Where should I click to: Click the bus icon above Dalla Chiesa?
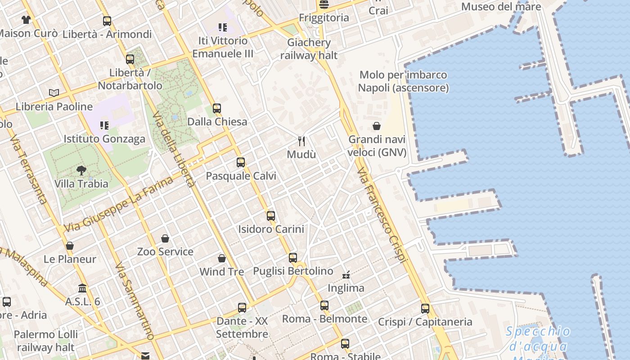pos(217,108)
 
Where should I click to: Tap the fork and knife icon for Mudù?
pos(301,141)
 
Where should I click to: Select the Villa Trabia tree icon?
pos(81,171)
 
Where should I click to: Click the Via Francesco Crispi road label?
pos(382,215)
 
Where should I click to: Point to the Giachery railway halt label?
pos(309,49)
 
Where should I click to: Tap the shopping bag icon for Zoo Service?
pos(165,238)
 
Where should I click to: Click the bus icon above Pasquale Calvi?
pos(241,162)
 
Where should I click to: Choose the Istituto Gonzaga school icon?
pos(104,125)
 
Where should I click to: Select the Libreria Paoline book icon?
pos(54,93)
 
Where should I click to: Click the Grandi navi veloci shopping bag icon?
pos(377,126)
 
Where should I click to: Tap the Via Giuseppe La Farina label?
pos(118,205)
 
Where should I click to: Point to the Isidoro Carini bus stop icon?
pos(270,216)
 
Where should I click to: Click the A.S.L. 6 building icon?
pos(82,288)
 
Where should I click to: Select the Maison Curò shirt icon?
pos(26,20)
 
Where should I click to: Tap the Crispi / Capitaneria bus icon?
pos(425,309)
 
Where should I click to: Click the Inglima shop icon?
pos(346,274)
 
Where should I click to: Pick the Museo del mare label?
pos(501,7)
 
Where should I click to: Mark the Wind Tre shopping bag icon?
pos(221,258)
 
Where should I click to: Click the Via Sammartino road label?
pos(134,301)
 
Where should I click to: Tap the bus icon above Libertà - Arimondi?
pos(107,21)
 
